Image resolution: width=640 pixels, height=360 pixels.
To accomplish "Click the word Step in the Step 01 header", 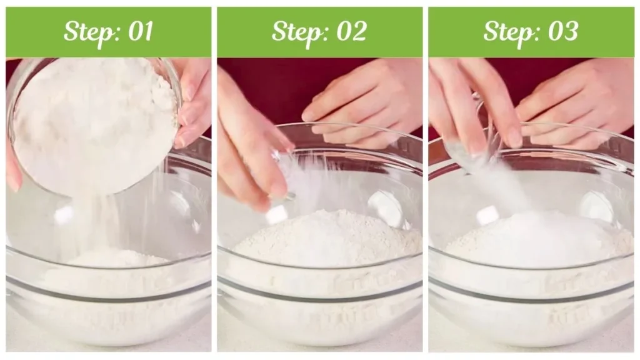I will click(88, 31).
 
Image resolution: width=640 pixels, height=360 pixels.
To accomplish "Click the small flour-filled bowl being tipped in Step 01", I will click(94, 125).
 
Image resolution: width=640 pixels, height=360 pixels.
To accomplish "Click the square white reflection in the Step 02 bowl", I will click(276, 215).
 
